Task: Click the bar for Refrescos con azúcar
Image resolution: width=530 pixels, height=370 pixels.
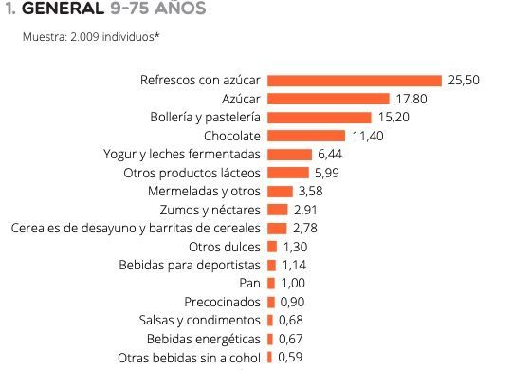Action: [355, 81]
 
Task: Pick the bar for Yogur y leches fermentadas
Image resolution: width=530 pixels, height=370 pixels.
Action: [289, 155]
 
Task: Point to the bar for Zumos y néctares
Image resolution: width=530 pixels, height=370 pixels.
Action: [278, 210]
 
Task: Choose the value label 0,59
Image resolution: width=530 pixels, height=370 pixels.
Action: [291, 358]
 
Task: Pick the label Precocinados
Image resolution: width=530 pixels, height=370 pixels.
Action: [222, 302]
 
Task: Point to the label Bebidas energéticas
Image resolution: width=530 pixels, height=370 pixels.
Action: [203, 339]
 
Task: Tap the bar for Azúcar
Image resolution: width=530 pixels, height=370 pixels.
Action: [328, 99]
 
